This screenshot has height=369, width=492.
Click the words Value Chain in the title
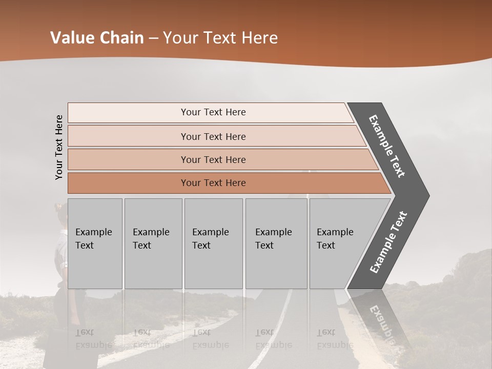[97, 38]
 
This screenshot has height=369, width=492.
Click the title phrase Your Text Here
[220, 38]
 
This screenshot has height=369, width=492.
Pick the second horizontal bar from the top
[213, 136]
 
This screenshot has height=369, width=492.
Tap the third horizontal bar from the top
[213, 159]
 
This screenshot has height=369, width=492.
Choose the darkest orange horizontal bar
[213, 183]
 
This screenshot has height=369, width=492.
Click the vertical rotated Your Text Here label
[59, 147]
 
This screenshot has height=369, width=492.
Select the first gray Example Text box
[95, 243]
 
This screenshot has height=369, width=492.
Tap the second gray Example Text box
[153, 243]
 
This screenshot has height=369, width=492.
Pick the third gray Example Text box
[213, 243]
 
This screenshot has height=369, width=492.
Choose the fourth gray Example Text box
[276, 243]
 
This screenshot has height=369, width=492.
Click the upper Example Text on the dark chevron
[387, 146]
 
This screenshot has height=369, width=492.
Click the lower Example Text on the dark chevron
[388, 242]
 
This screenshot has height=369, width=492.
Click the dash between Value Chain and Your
[153, 38]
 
